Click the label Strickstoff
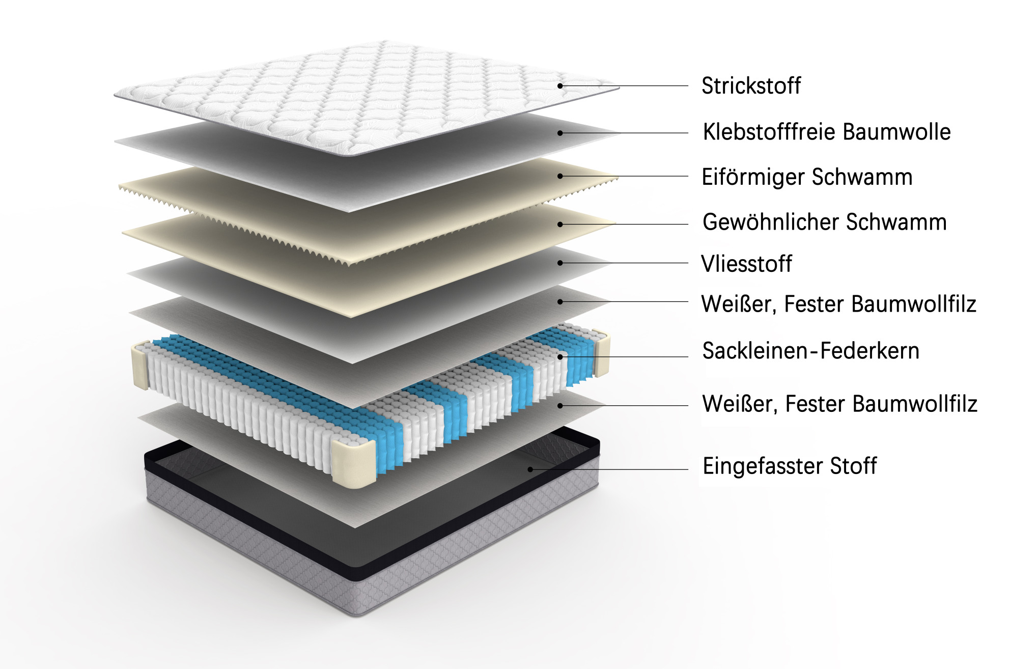point(751,86)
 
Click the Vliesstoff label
point(746,264)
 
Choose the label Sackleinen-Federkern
point(810,351)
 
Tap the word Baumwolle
point(896,131)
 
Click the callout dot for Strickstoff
point(560,86)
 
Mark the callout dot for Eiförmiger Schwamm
point(560,176)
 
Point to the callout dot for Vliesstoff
point(560,263)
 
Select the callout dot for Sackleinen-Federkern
point(560,357)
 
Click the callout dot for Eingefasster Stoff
point(530,469)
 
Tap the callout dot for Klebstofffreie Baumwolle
point(560,133)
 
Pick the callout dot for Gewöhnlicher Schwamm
point(560,224)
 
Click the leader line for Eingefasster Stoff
point(609,469)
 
